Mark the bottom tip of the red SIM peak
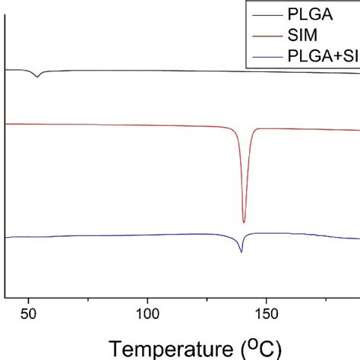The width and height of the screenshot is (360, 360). pyautogui.click(x=244, y=222)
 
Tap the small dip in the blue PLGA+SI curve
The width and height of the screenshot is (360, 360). pyautogui.click(x=242, y=251)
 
